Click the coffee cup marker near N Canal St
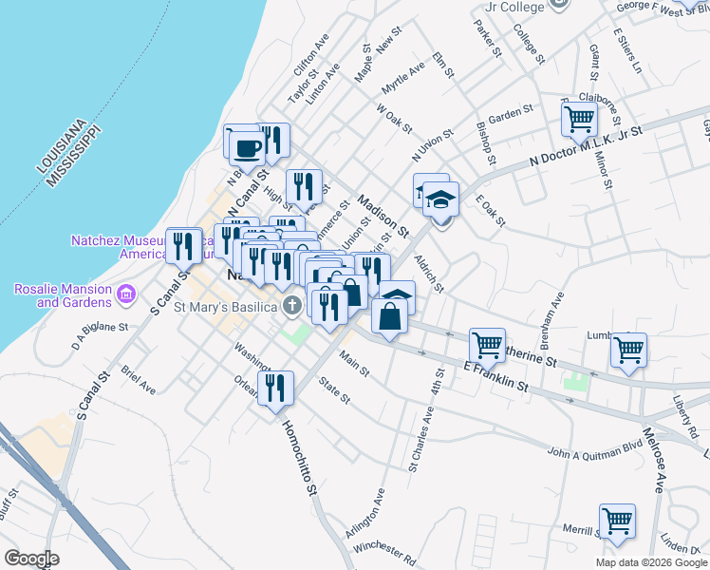(x=247, y=148)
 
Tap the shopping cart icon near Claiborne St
(x=578, y=121)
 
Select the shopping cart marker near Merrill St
(x=617, y=521)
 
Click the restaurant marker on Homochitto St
(x=275, y=388)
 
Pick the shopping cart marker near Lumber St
(x=628, y=350)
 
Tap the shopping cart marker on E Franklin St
(x=487, y=344)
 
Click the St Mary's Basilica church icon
(x=293, y=306)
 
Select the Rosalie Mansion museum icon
(x=125, y=296)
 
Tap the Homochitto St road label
(x=297, y=456)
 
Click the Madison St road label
(x=383, y=216)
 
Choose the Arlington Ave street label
(x=365, y=515)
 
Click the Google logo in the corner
(x=31, y=559)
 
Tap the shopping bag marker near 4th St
(x=390, y=316)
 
